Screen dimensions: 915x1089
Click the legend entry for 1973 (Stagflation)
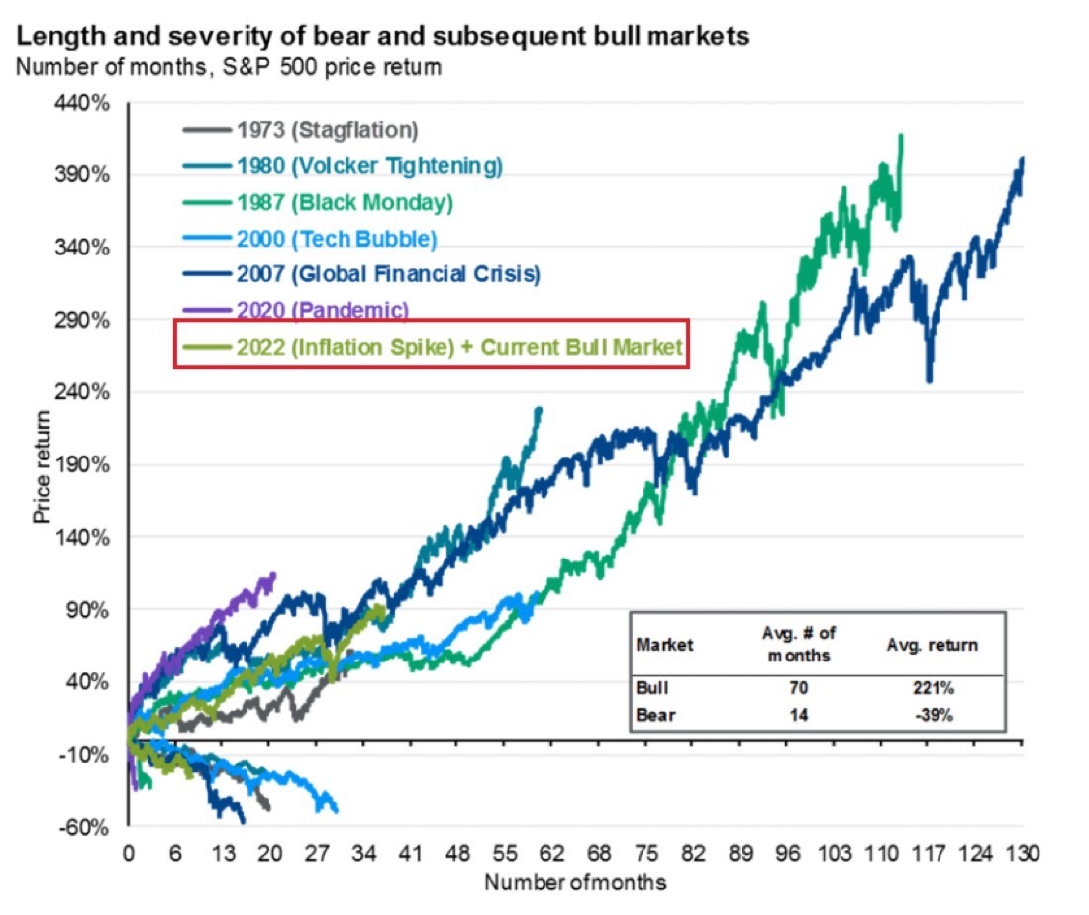point(327,129)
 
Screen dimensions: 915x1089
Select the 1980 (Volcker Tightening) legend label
point(369,165)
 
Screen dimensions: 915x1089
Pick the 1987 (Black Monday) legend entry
point(345,202)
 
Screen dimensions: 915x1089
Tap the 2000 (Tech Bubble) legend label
point(337,238)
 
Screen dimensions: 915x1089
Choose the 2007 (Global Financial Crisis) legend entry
point(388,274)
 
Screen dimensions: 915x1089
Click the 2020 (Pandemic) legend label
point(322,310)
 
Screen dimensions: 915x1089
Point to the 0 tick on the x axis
point(128,853)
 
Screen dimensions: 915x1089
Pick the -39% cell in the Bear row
point(931,715)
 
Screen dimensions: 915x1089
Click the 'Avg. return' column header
point(932,645)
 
